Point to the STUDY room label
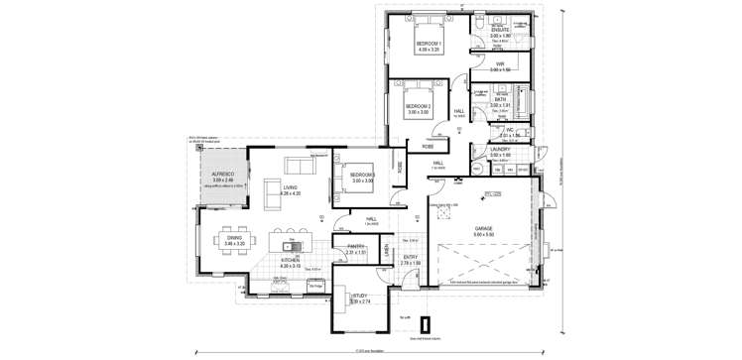(359, 295)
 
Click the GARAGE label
(483, 228)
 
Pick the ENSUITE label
(501, 30)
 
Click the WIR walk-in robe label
(501, 64)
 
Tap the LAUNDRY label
(501, 151)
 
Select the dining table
(234, 245)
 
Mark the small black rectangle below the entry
(427, 323)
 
